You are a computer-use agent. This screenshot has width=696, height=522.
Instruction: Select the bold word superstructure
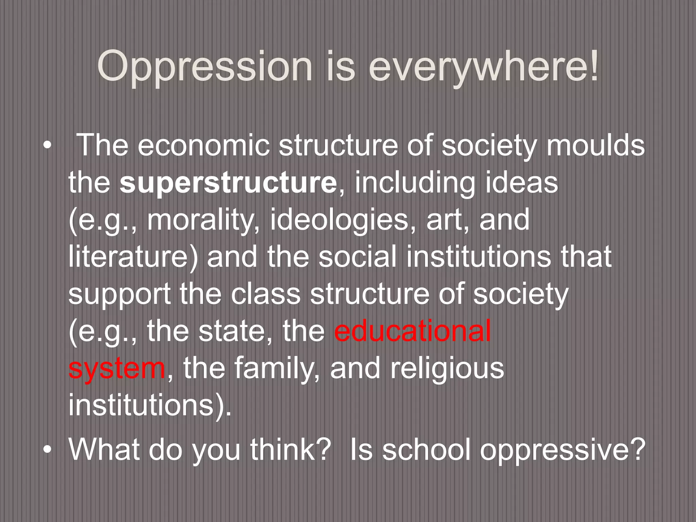click(228, 183)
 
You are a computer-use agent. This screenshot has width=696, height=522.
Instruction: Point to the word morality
click(201, 220)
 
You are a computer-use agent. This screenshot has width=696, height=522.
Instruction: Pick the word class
click(265, 294)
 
